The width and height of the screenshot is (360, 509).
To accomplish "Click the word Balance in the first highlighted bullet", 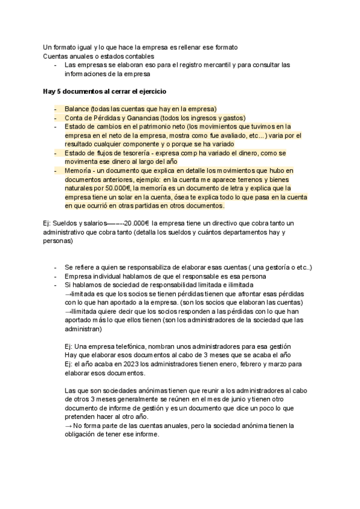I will coord(76,109).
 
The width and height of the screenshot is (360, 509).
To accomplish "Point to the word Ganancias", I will coord(136,118).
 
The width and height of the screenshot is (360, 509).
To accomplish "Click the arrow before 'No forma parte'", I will coord(68,426).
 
